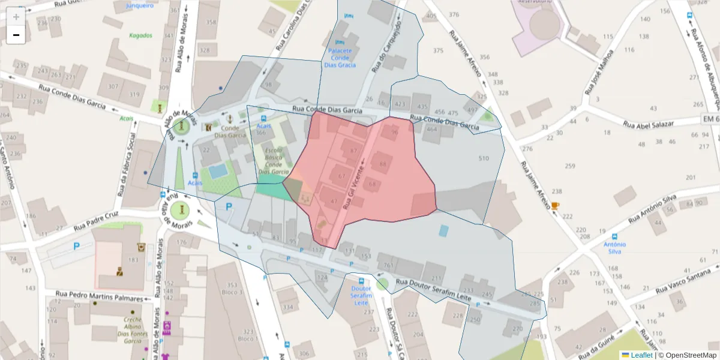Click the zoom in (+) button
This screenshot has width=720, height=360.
click(x=16, y=17)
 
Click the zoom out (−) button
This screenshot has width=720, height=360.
click(x=16, y=35)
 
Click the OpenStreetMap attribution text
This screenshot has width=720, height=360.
click(x=690, y=355)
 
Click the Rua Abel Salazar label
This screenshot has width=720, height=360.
click(x=658, y=124)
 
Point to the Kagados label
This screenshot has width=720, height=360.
click(x=140, y=35)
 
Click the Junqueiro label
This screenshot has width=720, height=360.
click(x=140, y=5)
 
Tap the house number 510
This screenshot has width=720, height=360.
click(x=484, y=158)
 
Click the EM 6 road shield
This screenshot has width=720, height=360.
click(x=710, y=120)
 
